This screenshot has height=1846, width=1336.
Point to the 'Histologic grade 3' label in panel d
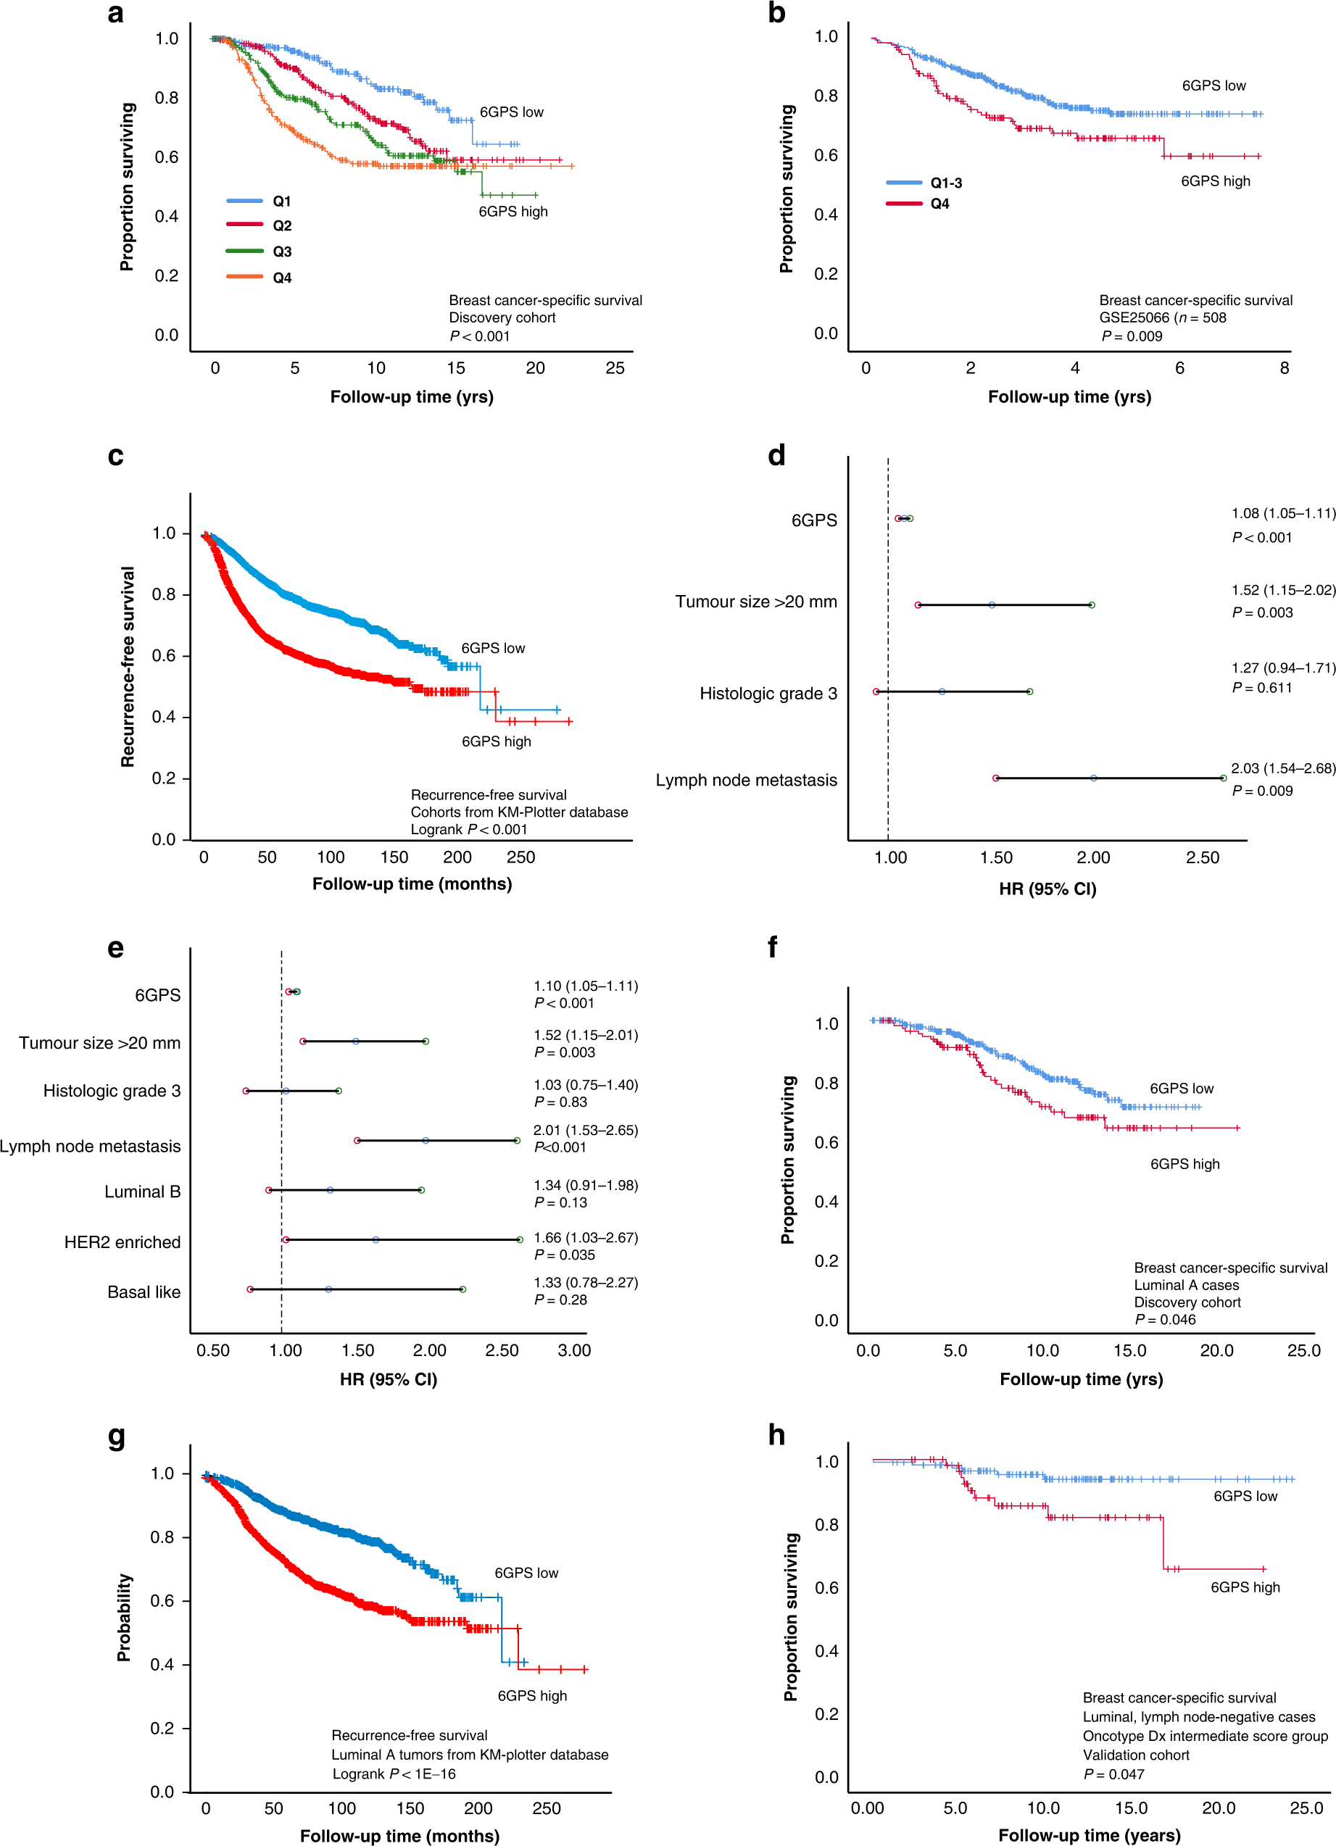768,694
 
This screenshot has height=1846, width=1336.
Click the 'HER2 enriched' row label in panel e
122,1242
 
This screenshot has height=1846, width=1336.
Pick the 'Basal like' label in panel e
144,1292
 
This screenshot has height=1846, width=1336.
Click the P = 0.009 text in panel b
1132,336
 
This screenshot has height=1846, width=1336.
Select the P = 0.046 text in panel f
1165,1319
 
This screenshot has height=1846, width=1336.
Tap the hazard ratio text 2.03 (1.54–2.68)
1282,768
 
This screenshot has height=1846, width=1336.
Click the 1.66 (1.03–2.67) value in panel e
586,1237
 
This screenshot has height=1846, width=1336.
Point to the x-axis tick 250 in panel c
521,857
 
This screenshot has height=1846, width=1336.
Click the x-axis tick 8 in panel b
1284,368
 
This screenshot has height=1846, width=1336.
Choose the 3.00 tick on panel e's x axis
574,1350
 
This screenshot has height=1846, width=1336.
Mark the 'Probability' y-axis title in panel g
124,1617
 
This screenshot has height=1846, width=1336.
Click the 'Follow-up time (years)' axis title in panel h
1089,1834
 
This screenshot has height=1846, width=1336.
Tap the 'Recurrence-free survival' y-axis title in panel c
127,667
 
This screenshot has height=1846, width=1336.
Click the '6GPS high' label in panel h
1245,1587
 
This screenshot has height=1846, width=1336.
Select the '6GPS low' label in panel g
526,1573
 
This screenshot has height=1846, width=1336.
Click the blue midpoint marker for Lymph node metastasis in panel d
1093,778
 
